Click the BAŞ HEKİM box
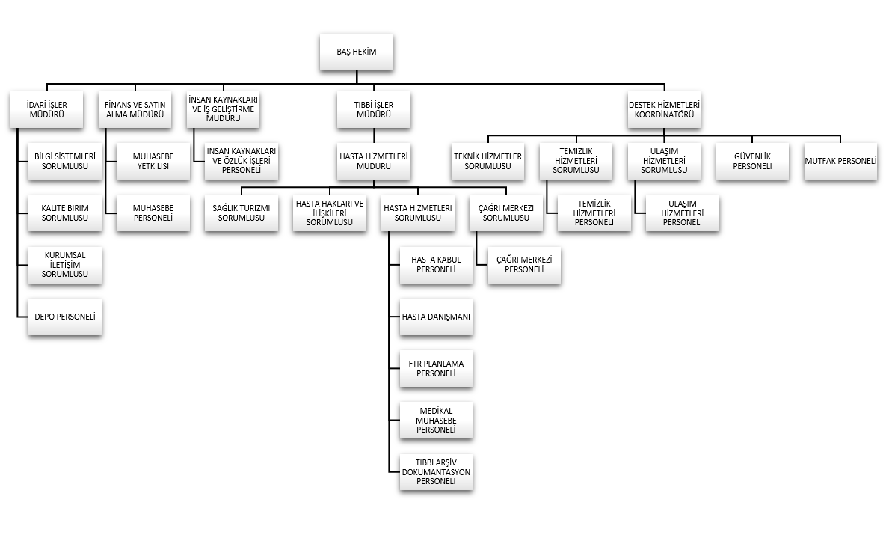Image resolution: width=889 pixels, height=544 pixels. tap(356, 52)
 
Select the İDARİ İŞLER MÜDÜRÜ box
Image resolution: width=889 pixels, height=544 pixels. tap(46, 109)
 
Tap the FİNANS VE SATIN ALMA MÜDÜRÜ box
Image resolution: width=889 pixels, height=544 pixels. tap(135, 109)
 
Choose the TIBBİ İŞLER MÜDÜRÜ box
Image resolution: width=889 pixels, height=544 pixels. tap(374, 109)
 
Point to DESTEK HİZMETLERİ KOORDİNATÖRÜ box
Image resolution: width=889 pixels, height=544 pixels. tap(664, 109)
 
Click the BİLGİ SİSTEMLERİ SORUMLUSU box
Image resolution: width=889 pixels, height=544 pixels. tap(64, 161)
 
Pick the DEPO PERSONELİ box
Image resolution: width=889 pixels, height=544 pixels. tap(64, 317)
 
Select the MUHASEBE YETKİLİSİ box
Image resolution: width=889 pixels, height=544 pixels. tap(153, 161)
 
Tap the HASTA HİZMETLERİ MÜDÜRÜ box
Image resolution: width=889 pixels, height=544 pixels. tap(374, 161)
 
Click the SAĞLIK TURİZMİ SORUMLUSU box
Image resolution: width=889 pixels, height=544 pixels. tap(242, 213)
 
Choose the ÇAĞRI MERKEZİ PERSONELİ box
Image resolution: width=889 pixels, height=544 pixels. tap(524, 264)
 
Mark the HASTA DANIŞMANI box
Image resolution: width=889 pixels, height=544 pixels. tap(436, 317)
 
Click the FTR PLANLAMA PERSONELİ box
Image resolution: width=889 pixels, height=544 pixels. tap(436, 368)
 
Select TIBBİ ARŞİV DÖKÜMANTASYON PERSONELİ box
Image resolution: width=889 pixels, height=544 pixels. tap(436, 472)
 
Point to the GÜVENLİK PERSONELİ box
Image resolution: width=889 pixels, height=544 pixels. tap(752, 161)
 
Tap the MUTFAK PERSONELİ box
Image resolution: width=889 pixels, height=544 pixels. tap(841, 161)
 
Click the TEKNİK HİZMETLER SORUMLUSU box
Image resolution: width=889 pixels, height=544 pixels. tap(487, 161)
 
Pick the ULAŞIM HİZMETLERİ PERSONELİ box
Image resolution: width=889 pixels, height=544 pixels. tap(682, 213)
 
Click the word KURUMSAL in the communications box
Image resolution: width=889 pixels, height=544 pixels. tap(64, 255)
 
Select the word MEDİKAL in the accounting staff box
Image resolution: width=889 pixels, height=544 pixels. tap(436, 411)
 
